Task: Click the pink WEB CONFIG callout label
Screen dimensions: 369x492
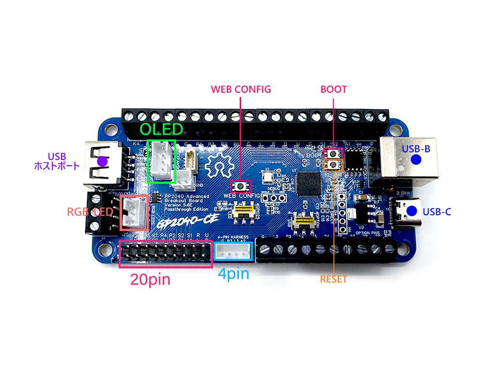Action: click(241, 89)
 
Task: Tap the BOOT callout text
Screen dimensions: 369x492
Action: click(333, 89)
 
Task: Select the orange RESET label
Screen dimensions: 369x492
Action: click(333, 279)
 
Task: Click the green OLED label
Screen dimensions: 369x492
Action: click(161, 129)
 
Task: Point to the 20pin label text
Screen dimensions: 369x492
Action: click(150, 279)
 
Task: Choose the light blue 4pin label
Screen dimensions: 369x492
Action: click(234, 273)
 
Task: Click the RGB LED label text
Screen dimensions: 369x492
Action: click(90, 212)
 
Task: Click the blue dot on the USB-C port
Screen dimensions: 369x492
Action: click(411, 211)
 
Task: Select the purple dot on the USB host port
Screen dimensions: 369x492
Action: click(102, 162)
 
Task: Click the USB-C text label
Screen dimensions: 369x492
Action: click(437, 211)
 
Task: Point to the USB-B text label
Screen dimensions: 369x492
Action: click(416, 149)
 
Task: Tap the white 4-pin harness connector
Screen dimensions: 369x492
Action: click(233, 251)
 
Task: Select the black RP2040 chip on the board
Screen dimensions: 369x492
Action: click(308, 183)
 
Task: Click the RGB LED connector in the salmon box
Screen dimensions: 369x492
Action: click(133, 212)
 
